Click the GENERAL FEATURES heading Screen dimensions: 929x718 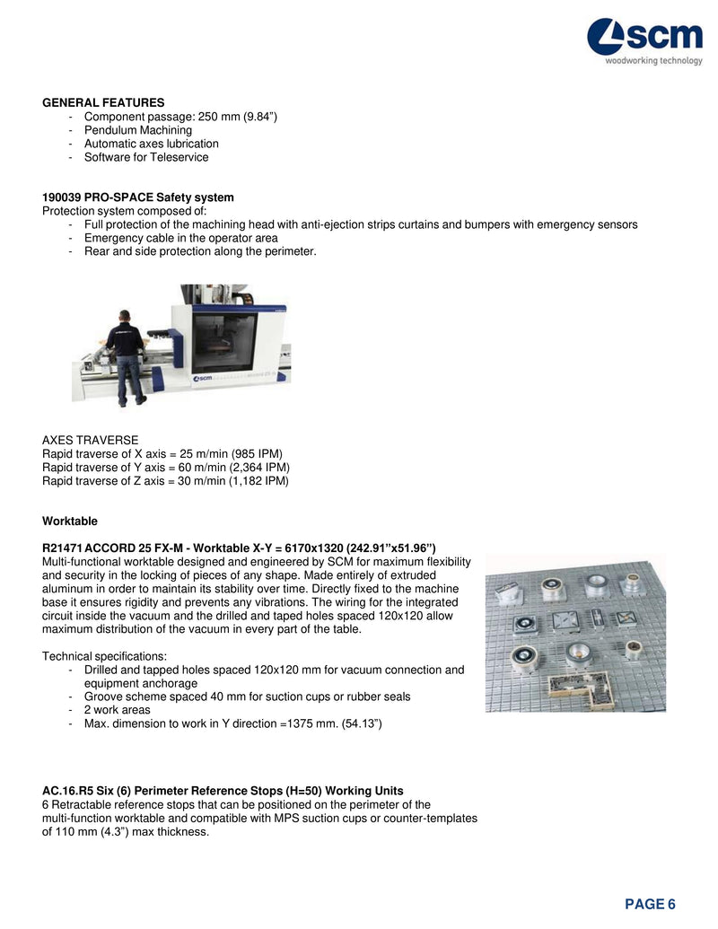[x=103, y=103]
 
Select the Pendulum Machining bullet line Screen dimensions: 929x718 [x=138, y=130]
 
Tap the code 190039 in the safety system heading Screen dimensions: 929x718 [x=62, y=197]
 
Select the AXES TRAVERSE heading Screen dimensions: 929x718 [x=91, y=441]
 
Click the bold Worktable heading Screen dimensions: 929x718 [x=70, y=521]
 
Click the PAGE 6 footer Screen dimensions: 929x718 [x=650, y=904]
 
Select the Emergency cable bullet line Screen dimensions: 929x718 [x=180, y=238]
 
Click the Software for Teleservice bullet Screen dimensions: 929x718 [x=146, y=157]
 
